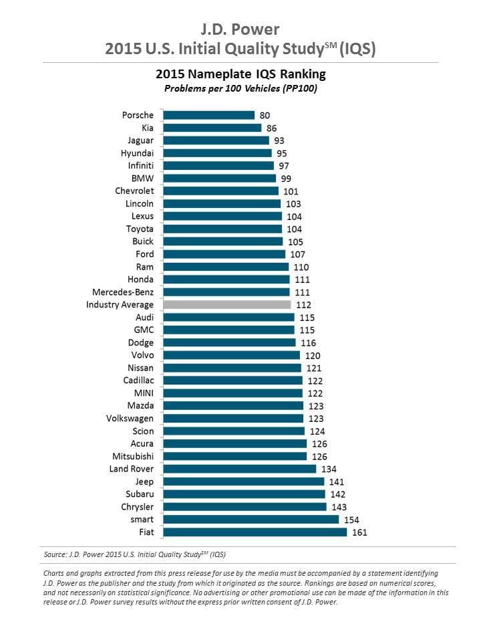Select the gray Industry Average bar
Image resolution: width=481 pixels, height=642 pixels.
pyautogui.click(x=227, y=305)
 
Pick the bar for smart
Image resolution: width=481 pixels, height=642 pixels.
pyautogui.click(x=251, y=520)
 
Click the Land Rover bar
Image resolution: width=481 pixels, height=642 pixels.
pyautogui.click(x=240, y=469)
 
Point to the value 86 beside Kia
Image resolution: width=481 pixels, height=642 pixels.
pyautogui.click(x=271, y=128)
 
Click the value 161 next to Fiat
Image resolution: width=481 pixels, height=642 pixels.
pyautogui.click(x=360, y=532)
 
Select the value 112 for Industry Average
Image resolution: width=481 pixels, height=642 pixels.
pyautogui.click(x=304, y=305)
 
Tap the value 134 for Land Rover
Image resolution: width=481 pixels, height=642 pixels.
pyautogui.click(x=329, y=469)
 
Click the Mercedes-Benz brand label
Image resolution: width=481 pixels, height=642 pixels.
pyautogui.click(x=123, y=292)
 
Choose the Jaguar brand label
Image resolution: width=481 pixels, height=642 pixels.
pyautogui.click(x=140, y=140)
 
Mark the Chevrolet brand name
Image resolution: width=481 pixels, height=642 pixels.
pyautogui.click(x=134, y=191)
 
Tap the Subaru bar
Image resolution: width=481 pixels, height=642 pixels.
pyautogui.click(x=245, y=494)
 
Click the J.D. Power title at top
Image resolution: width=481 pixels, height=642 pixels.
pyautogui.click(x=240, y=29)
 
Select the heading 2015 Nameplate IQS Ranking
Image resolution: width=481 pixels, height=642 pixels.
pyautogui.click(x=240, y=74)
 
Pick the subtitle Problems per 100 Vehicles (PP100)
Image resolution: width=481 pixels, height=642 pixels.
pyautogui.click(x=240, y=88)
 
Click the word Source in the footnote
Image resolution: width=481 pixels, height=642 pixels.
pyautogui.click(x=55, y=554)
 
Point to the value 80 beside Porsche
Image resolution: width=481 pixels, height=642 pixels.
pyautogui.click(x=265, y=115)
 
